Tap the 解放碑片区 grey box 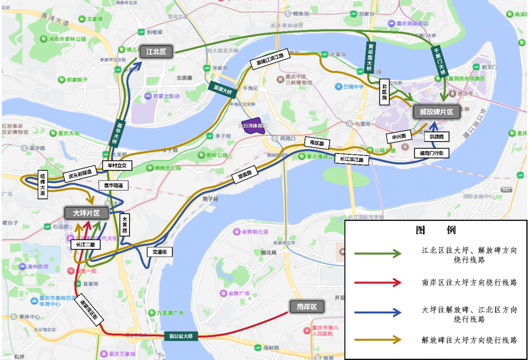[436, 112]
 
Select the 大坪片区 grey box [86, 213]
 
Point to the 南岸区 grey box [306, 306]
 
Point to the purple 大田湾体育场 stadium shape [252, 127]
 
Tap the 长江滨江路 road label [352, 160]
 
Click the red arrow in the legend [378, 282]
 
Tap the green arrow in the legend [378, 253]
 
